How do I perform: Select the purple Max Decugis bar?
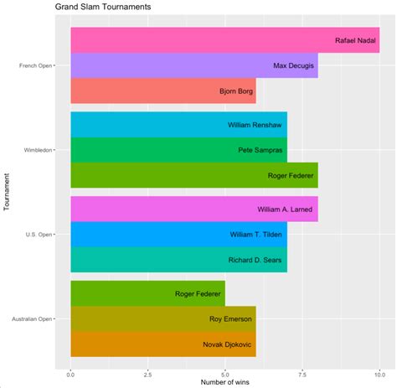click(x=194, y=65)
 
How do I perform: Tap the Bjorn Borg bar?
click(x=163, y=91)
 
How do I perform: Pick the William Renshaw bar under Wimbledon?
click(x=178, y=125)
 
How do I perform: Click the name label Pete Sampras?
click(x=261, y=150)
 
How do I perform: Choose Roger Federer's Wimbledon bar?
click(x=194, y=175)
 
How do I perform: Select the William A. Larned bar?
click(x=194, y=209)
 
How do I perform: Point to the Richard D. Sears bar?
click(x=178, y=259)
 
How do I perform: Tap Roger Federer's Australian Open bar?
click(x=147, y=293)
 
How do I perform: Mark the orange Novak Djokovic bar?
click(x=163, y=344)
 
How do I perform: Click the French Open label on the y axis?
click(x=33, y=65)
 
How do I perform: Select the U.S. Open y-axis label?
click(x=37, y=234)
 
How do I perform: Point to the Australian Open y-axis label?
click(x=28, y=318)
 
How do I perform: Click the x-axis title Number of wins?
click(x=224, y=384)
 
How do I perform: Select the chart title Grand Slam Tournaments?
click(x=105, y=7)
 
